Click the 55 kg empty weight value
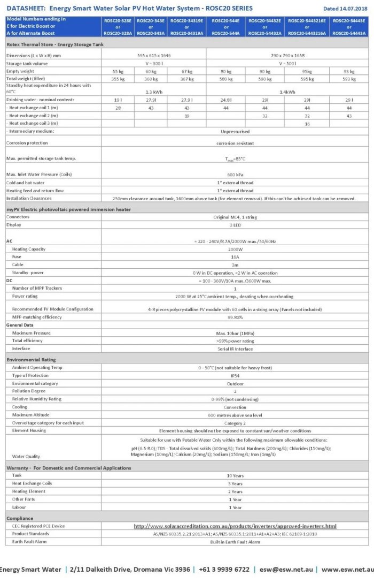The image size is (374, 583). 118,71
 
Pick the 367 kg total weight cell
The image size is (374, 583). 186,79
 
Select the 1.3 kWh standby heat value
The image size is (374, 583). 154,92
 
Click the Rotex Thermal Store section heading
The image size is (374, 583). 55,45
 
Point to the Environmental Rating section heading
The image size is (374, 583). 31,360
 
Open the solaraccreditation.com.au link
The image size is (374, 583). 235,526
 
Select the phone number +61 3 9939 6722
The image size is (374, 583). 224,569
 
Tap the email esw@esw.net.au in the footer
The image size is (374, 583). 286,569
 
